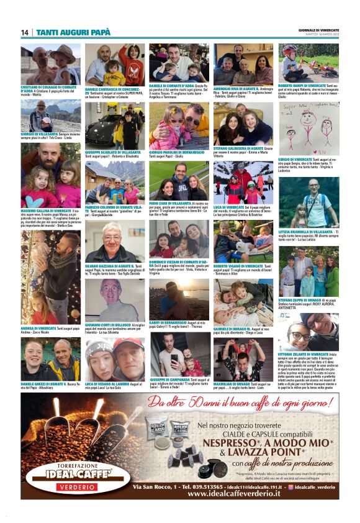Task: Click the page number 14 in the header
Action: (25, 32)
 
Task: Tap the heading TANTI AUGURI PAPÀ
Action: (73, 32)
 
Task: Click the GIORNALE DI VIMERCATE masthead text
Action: (318, 30)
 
